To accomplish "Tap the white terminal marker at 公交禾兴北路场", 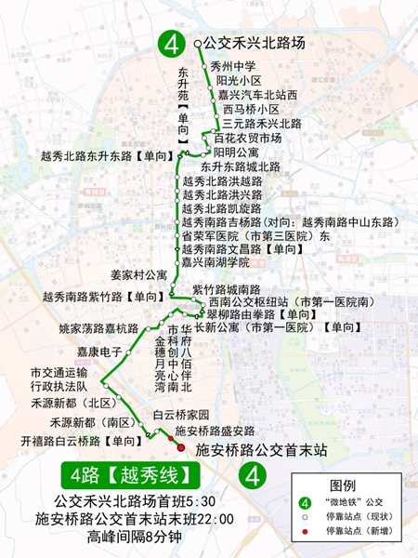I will click(x=197, y=43).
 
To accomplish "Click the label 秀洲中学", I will click(x=233, y=66).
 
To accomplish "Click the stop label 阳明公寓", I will click(x=236, y=152).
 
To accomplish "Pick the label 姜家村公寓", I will click(x=138, y=275).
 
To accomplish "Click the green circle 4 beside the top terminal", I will click(x=171, y=43).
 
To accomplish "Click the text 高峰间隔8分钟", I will click(x=134, y=537).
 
